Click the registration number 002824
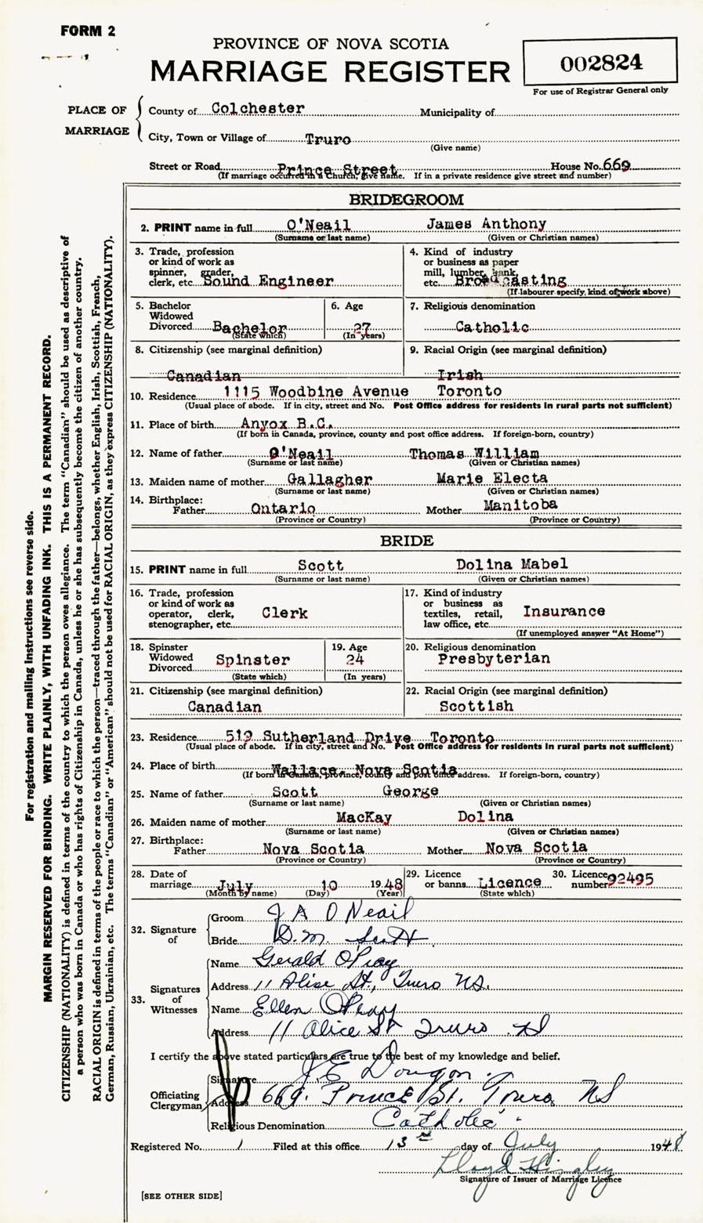click(x=601, y=63)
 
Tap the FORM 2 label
click(x=88, y=31)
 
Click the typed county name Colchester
click(x=258, y=108)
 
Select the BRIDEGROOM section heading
click(x=406, y=200)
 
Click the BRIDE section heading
click(x=406, y=541)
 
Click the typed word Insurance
click(x=563, y=611)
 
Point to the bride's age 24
click(x=355, y=659)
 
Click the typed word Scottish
click(x=477, y=706)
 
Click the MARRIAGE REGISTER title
click(x=330, y=72)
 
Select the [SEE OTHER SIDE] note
click(x=181, y=1196)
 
